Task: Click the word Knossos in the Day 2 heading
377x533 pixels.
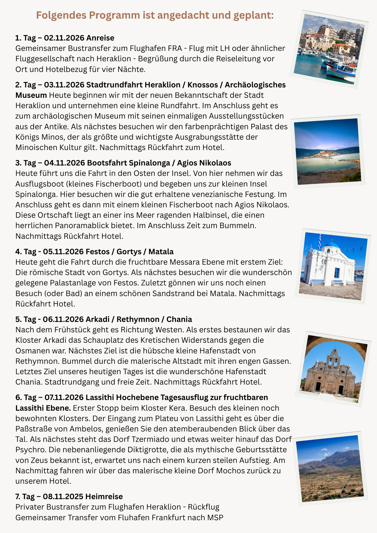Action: click(203, 85)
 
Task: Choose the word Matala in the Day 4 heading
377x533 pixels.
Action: click(161, 252)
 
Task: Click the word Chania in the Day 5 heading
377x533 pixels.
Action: click(179, 319)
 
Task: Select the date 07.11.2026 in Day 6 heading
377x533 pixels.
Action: click(64, 397)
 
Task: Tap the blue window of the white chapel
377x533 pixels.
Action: click(337, 273)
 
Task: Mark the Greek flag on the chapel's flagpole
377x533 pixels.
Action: click(320, 241)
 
